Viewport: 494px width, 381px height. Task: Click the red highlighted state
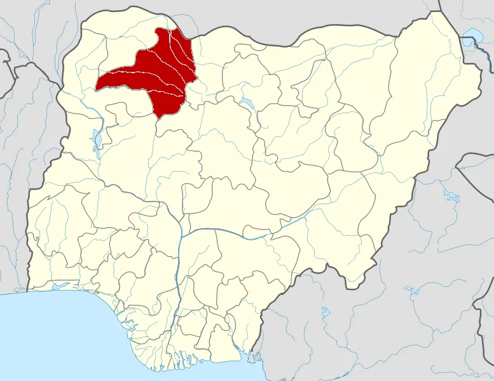153,76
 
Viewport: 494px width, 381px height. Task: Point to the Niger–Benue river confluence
181,235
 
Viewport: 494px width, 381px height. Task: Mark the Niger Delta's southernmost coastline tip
184,368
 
